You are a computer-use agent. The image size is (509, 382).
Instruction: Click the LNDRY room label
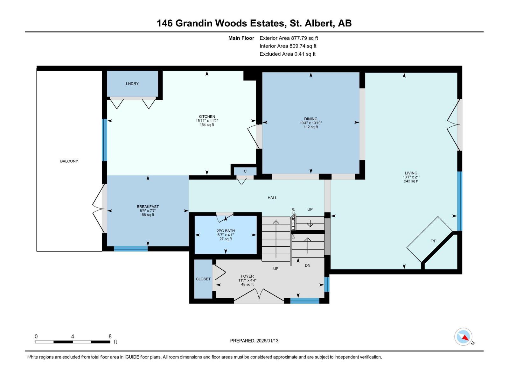[x=132, y=84]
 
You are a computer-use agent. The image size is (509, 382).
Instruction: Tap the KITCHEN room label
[x=207, y=117]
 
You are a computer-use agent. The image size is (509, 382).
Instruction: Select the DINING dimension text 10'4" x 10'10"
[x=311, y=123]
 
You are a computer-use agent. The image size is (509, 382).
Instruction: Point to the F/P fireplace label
[x=433, y=241]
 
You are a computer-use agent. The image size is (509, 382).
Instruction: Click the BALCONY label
[x=69, y=161]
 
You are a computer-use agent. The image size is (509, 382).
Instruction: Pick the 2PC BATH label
[x=226, y=231]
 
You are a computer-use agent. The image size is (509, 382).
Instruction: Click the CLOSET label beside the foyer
[x=203, y=279]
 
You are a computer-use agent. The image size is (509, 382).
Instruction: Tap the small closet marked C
[x=245, y=171]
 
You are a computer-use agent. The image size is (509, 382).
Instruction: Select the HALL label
[x=272, y=198]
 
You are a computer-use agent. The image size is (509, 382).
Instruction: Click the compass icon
[x=464, y=337]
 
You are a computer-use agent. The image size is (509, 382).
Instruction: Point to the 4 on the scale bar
[x=73, y=336]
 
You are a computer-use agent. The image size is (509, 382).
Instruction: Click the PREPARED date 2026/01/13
[x=267, y=341]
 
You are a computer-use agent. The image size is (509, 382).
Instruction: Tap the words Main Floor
[x=241, y=38]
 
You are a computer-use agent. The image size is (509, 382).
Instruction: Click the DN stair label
[x=307, y=265]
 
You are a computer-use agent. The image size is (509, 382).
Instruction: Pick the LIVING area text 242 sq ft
[x=411, y=181]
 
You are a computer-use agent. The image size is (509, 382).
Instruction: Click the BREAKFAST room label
[x=148, y=207]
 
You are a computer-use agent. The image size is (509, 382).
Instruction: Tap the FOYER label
[x=247, y=276]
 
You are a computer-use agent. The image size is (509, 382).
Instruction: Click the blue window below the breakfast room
[x=131, y=249]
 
